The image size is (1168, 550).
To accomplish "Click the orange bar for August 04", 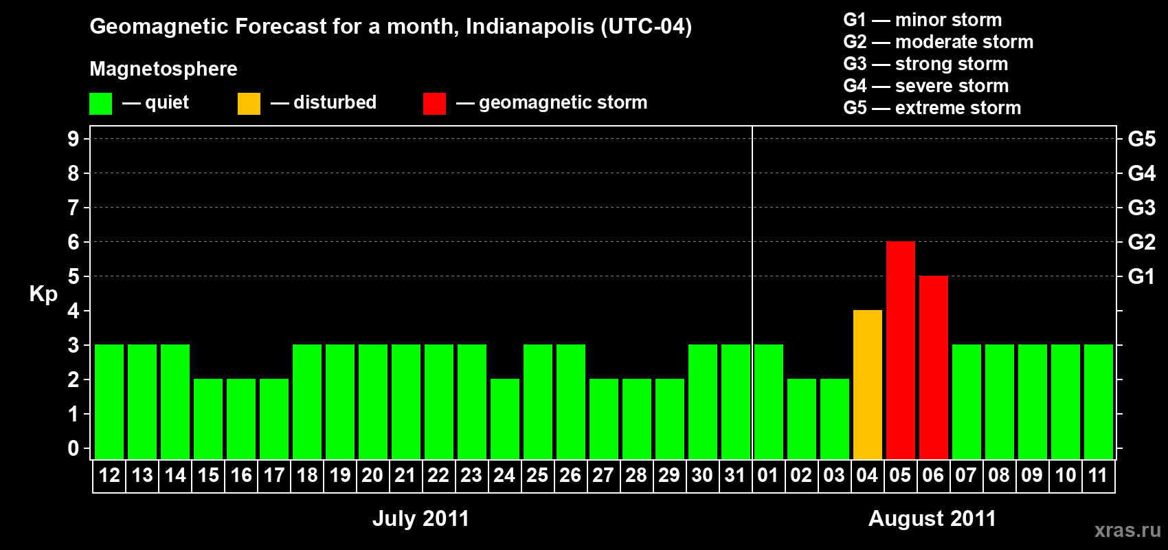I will coord(868,384).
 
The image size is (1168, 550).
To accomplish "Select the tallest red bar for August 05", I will coord(901,350).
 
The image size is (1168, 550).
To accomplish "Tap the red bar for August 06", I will coord(934,367).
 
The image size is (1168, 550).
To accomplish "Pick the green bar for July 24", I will coord(505,419).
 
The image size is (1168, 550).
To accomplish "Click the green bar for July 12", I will coord(109,401).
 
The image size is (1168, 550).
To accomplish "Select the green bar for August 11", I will coord(1099,401).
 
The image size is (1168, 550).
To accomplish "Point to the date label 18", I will coord(307,475).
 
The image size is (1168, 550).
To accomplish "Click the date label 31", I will coord(735,475).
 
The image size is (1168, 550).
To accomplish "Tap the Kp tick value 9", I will coord(74,139).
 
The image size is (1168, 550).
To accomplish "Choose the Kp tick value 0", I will coord(74,448).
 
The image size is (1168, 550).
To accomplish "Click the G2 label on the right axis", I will coord(1141,242).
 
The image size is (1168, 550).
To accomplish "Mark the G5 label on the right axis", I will coord(1141,139).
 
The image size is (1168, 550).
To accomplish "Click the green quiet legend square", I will coord(101,104).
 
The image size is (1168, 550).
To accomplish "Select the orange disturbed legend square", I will coord(249,104).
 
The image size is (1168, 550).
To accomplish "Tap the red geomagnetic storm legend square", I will coord(434,104).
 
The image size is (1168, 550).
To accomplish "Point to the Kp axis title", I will coord(43,294).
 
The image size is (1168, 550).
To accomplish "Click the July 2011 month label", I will coord(420,518).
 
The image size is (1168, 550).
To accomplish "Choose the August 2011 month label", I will coord(932,518).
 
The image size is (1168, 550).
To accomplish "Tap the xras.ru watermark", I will coord(1127,530).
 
